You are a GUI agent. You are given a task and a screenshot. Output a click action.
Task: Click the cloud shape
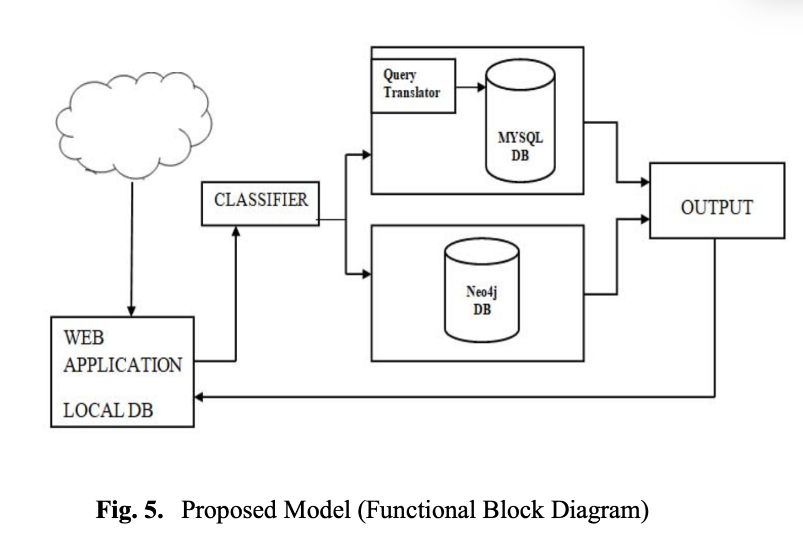pyautogui.click(x=134, y=124)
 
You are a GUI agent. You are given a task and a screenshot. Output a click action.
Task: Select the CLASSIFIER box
pyautogui.click(x=260, y=203)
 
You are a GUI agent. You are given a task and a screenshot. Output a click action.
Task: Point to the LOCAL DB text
pyautogui.click(x=108, y=410)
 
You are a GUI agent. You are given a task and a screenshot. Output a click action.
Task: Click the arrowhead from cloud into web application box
pyautogui.click(x=131, y=311)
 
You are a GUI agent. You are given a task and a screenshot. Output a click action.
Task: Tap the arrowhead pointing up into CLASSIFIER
pyautogui.click(x=236, y=232)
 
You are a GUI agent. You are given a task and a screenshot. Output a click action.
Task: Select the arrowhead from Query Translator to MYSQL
pyautogui.click(x=481, y=87)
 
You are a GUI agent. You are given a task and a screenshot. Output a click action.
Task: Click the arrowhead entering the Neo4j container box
pyautogui.click(x=366, y=274)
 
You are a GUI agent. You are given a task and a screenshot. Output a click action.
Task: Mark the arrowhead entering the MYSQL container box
pyautogui.click(x=366, y=155)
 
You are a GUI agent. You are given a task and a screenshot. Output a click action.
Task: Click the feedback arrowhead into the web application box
pyautogui.click(x=199, y=397)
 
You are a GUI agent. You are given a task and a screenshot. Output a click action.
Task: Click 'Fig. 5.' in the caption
pyautogui.click(x=129, y=509)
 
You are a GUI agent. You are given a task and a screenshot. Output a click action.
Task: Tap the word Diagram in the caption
pyautogui.click(x=600, y=509)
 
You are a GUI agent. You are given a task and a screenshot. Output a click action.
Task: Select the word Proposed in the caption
pyautogui.click(x=229, y=509)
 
